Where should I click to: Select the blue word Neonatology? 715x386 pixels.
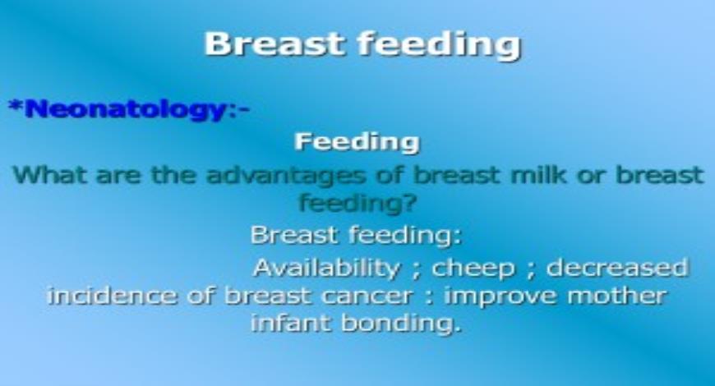click(124, 109)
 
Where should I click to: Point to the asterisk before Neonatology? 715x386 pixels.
click(14, 107)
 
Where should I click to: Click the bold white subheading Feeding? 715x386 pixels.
click(357, 142)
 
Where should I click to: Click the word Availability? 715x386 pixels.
click(326, 268)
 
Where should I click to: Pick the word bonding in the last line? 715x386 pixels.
click(404, 324)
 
